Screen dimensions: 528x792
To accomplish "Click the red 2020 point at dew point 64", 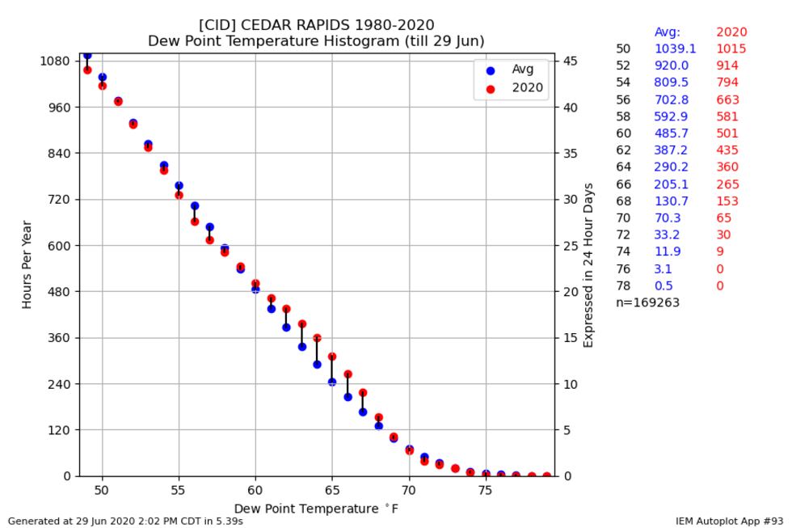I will pyautogui.click(x=317, y=338).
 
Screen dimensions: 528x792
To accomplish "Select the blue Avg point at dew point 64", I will pyautogui.click(x=317, y=365).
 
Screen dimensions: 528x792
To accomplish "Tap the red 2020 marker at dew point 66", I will pyautogui.click(x=348, y=374).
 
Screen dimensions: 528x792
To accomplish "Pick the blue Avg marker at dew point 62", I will pyautogui.click(x=286, y=327).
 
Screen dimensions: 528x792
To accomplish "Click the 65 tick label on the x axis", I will pyautogui.click(x=332, y=491).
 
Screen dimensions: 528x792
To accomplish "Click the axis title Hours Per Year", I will pyautogui.click(x=27, y=264).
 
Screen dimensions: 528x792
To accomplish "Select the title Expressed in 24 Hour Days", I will pyautogui.click(x=588, y=265).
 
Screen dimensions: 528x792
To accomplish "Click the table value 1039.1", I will pyautogui.click(x=675, y=49).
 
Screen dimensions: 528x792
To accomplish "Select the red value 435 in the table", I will pyautogui.click(x=727, y=150).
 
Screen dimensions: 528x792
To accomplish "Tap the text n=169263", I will pyautogui.click(x=647, y=302).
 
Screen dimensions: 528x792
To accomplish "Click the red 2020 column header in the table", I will pyautogui.click(x=731, y=32).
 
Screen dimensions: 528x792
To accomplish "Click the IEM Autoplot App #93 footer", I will pyautogui.click(x=729, y=522).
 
